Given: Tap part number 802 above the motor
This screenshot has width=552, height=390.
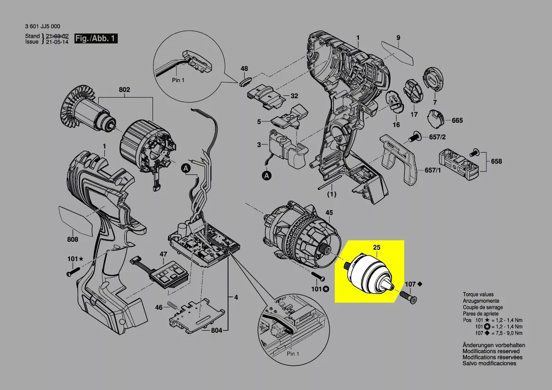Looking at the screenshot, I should coord(124,90).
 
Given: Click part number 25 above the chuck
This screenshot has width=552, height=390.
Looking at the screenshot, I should coord(376,247).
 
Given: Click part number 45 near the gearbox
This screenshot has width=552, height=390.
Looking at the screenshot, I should coord(329,213).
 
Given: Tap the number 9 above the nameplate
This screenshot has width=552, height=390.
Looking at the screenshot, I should coord(398,38).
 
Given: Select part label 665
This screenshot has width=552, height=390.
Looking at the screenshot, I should coord(457,120).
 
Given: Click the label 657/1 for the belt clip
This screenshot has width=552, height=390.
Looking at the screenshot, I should coord(433,170).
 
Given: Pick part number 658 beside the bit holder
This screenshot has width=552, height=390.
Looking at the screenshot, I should coord(496,161).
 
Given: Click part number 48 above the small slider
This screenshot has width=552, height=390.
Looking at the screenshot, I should coord(244,69).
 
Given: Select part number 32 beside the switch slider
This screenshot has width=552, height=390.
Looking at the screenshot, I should coord(294,96).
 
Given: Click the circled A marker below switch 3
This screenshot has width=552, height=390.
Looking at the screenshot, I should coord(267,176).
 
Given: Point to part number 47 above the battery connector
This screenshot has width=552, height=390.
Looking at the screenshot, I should coord(163,254).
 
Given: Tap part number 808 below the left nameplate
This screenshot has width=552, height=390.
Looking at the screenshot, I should coord(72,239).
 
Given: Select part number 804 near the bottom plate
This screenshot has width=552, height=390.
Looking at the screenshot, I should coord(216,331).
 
